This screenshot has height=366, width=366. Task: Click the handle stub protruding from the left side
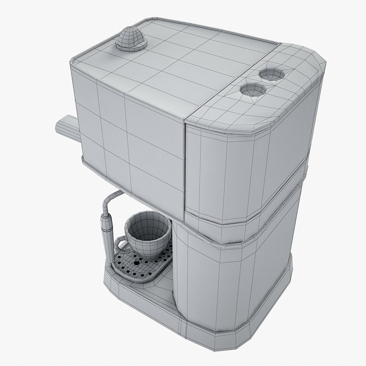(66, 128)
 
